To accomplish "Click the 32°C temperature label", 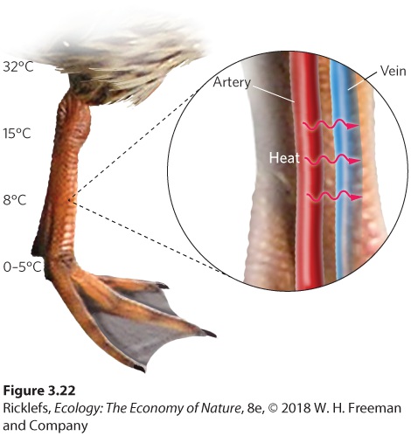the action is coord(18,66).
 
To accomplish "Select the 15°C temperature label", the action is coord(17,134).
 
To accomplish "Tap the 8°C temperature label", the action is coord(15,200).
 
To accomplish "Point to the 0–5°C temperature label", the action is coord(22,266).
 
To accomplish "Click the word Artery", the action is coord(232,83).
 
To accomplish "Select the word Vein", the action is coord(393,71).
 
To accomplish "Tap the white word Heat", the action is coord(284,158).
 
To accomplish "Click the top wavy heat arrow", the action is coord(331,125).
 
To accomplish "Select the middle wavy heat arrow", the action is coord(332,159).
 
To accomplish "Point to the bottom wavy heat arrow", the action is coord(335,197).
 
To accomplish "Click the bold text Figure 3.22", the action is coord(39,391).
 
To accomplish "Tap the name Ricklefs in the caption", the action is coord(27,408).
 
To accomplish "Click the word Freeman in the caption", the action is coord(375,408).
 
